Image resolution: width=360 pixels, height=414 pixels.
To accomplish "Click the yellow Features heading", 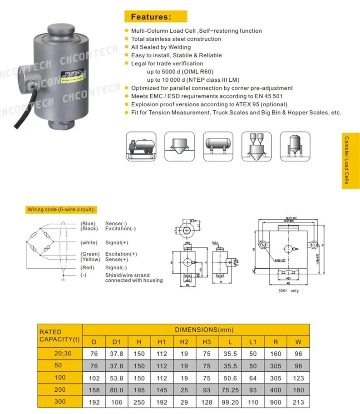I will tap(155, 17).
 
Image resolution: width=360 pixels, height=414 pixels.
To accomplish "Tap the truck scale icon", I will tap(141, 146).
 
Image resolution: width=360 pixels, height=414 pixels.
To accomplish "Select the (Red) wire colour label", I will tap(88, 268).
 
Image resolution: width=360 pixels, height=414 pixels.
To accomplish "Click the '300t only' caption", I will tap(289, 291).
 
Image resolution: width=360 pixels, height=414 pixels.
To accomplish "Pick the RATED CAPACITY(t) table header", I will tap(59, 335).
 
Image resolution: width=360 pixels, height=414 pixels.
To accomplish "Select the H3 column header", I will tap(207, 342).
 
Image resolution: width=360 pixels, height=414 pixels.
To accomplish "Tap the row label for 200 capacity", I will tap(59, 389).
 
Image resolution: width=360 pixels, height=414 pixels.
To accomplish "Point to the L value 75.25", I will tap(230, 389).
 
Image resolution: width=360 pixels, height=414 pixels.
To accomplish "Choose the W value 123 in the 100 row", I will tap(298, 378).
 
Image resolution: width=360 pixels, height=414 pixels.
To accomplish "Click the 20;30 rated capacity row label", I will tap(59, 353).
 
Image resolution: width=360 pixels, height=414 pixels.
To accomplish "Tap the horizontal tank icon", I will tap(218, 146).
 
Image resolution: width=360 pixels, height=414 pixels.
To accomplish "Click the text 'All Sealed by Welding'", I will tap(161, 47).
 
